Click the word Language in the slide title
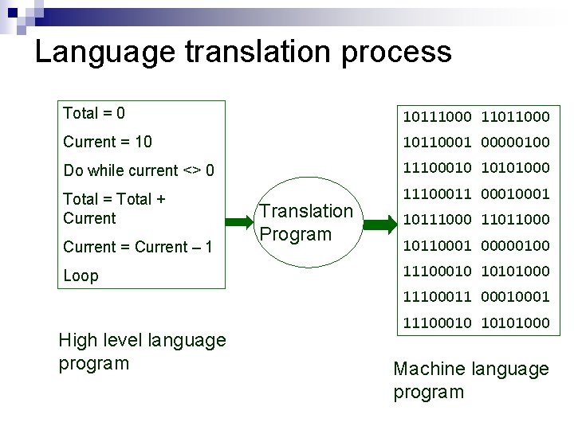(105, 53)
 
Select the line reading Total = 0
(94, 113)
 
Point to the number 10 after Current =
(143, 142)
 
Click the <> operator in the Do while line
(192, 170)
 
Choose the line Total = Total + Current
(114, 209)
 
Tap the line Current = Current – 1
(137, 247)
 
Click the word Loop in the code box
(81, 276)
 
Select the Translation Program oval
(305, 223)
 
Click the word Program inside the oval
(296, 234)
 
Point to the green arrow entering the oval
(238, 223)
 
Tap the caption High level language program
(142, 351)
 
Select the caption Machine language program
(471, 380)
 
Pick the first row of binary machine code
(476, 117)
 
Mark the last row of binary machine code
(476, 322)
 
